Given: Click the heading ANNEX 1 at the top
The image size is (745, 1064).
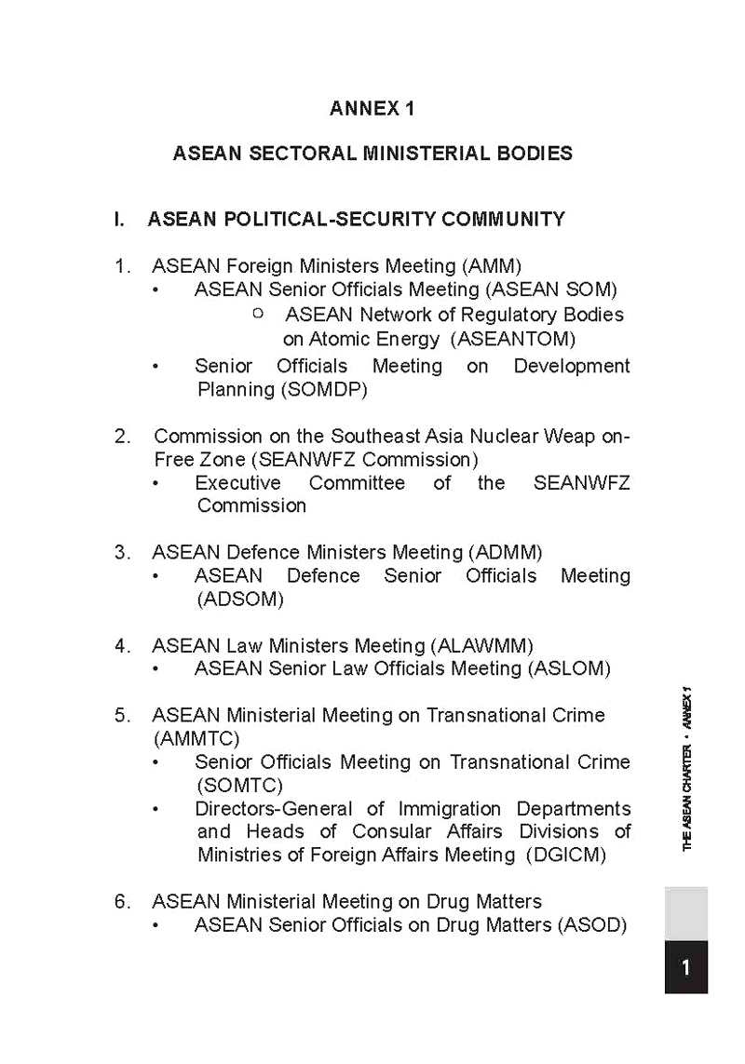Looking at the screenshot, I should click(372, 109).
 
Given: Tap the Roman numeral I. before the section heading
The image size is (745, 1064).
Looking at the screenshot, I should click(118, 220).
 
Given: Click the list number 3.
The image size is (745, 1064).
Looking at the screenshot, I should click(122, 552).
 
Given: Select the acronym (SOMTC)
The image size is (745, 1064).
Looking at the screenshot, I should click(240, 785).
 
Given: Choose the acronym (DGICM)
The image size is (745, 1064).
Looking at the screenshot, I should click(565, 855).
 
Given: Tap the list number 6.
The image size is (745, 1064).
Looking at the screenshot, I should click(122, 901).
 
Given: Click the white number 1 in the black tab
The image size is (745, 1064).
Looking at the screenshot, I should click(685, 967).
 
